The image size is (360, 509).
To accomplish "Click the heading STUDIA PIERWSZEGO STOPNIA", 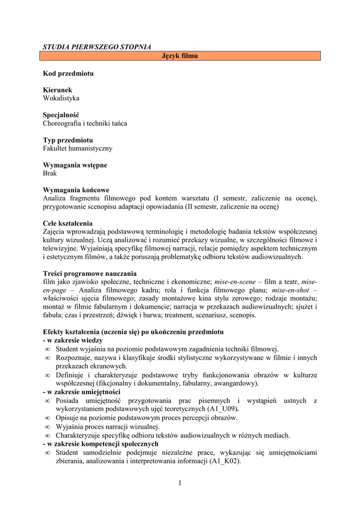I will (97, 47).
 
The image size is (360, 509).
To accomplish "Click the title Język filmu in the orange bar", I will (180, 56).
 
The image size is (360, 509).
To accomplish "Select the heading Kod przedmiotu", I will (68, 74).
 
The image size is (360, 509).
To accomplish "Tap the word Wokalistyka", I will (61, 98).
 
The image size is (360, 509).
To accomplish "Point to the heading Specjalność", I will (61, 115).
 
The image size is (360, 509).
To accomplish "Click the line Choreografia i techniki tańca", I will (85, 123).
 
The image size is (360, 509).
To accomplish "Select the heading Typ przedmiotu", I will (68, 140).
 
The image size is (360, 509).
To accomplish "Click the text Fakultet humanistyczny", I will (78, 148).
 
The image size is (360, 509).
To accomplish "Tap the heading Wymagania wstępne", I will (75, 165).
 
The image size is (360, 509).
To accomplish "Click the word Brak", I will (50, 173).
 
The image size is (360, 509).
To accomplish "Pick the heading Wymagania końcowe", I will (76, 190).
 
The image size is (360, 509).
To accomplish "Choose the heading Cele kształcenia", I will (68, 223).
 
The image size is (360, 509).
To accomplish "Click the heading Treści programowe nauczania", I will (90, 273).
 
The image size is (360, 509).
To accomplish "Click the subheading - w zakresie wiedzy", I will (73, 340).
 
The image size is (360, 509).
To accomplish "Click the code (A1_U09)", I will (221, 409).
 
